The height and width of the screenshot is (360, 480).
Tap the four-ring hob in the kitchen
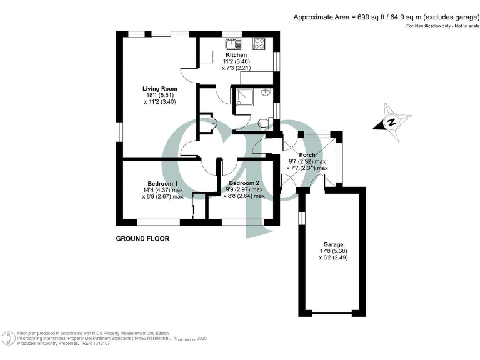[258, 44]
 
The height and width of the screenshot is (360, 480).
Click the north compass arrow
[391, 122]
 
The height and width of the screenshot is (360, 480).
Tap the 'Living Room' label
[159, 89]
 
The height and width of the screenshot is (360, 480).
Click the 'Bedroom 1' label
[157, 182]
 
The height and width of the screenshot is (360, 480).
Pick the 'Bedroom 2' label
[244, 182]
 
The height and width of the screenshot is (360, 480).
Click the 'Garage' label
[333, 244]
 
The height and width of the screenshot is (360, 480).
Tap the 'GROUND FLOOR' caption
[142, 238]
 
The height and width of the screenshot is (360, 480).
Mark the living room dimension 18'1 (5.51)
[159, 95]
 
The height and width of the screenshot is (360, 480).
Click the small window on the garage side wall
[301, 217]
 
